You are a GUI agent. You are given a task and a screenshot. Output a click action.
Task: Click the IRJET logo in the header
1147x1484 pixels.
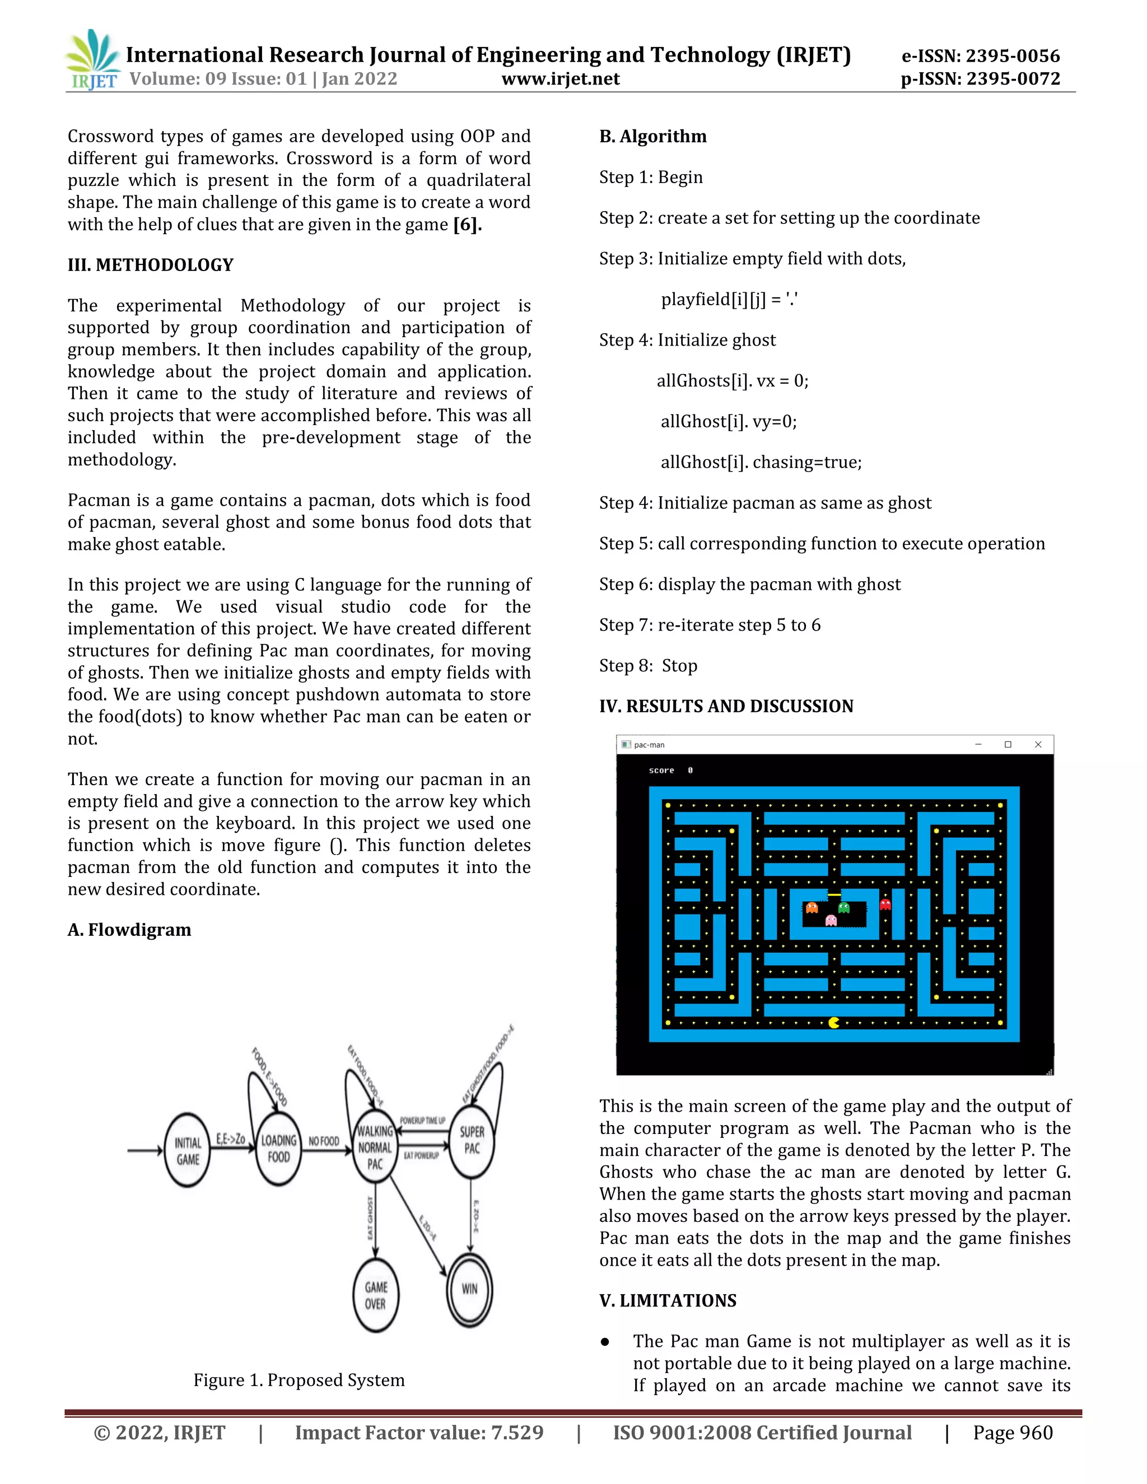(x=92, y=60)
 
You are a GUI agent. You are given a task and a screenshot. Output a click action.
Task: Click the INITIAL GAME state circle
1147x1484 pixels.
(x=188, y=1151)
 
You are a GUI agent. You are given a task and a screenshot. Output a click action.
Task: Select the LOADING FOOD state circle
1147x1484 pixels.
(x=278, y=1149)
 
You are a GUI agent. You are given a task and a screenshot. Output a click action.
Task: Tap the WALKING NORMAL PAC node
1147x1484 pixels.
(x=375, y=1147)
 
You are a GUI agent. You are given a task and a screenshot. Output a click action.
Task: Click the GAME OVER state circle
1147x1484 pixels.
(x=375, y=1295)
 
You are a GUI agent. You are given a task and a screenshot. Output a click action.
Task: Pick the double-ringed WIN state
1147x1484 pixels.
(x=469, y=1289)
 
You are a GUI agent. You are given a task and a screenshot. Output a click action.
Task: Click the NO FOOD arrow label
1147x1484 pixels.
(x=324, y=1141)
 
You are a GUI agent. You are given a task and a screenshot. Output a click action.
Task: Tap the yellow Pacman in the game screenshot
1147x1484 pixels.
(x=834, y=1022)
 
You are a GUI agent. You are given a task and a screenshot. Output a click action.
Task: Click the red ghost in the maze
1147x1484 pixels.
(x=885, y=904)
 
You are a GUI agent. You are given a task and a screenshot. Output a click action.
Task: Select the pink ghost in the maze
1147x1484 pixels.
(x=831, y=921)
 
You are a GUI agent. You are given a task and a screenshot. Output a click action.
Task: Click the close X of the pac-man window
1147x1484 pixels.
(x=1038, y=745)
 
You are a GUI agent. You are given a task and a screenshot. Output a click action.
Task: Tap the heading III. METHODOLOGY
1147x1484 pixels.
(x=150, y=265)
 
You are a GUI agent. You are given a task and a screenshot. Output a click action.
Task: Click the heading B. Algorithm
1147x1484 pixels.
(x=652, y=137)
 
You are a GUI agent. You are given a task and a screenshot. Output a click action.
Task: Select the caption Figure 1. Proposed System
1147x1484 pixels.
(x=299, y=1380)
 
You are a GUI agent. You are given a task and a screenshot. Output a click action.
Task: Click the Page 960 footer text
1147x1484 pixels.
(x=1013, y=1433)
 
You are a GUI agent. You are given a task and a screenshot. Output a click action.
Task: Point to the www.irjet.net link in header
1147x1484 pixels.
(x=560, y=79)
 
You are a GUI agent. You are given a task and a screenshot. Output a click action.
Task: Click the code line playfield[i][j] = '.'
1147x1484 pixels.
(x=729, y=300)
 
